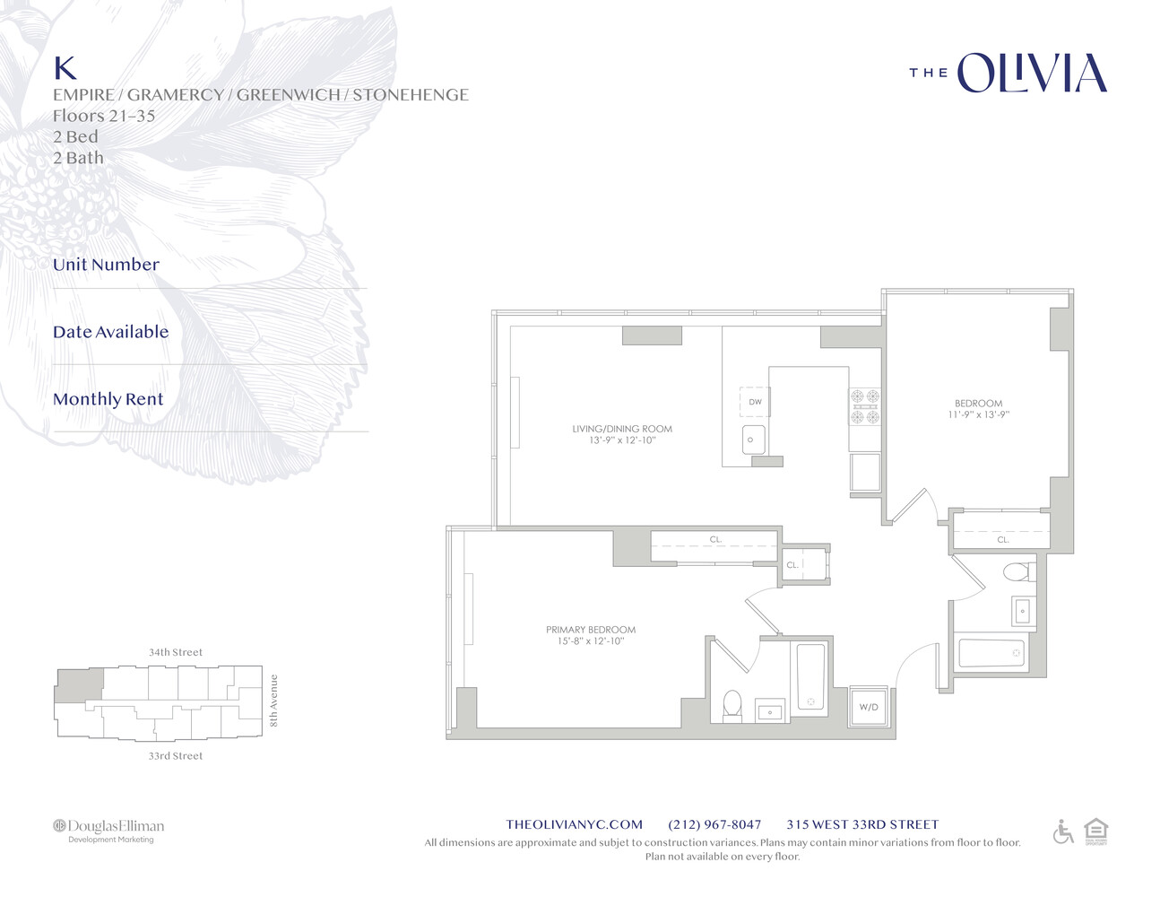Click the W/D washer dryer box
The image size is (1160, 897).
869,707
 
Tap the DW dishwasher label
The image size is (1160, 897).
755,402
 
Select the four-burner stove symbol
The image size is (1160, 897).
865,406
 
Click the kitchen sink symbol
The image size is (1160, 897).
753,440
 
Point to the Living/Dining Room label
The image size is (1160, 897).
622,429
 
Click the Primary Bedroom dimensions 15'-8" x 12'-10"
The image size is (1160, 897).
590,641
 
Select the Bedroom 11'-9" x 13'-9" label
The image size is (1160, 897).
978,409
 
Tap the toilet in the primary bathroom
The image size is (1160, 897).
732,705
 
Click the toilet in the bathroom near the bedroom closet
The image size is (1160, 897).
1017,572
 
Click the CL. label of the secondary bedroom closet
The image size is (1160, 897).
1003,540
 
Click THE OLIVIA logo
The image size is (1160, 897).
1009,74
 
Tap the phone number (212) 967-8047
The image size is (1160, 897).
714,824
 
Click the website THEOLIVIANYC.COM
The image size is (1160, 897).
574,824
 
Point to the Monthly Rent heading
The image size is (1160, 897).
108,399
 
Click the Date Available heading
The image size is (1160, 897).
110,332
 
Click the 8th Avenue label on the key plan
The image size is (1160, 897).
274,701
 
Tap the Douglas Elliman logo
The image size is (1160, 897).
108,830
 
